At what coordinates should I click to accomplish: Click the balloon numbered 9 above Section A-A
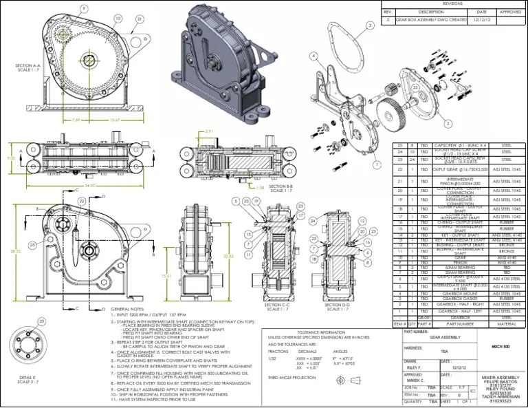click(85, 9)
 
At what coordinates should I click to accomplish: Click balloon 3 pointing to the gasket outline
click(371, 25)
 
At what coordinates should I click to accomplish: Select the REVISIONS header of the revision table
click(453, 3)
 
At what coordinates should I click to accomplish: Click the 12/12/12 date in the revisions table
click(481, 20)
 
